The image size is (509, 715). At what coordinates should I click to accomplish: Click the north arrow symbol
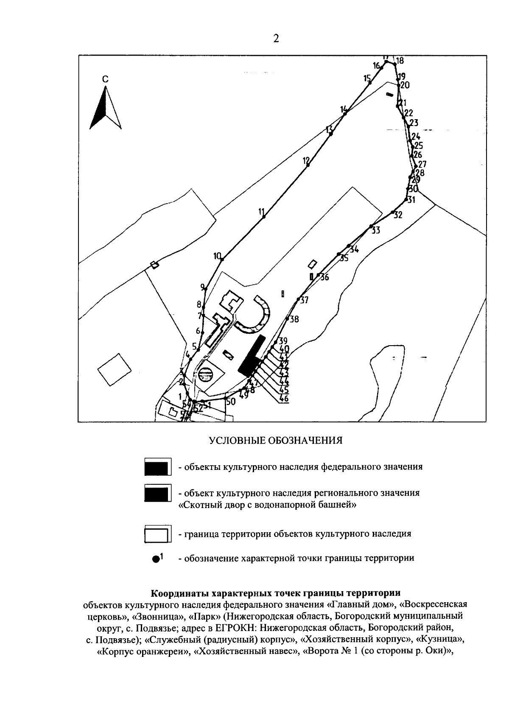pyautogui.click(x=105, y=108)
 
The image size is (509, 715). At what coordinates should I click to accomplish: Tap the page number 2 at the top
pyautogui.click(x=276, y=39)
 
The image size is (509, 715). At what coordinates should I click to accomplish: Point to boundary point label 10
pyautogui.click(x=218, y=256)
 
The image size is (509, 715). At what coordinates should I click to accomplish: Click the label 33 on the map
pyautogui.click(x=376, y=231)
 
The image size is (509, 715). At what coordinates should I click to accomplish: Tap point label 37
pyautogui.click(x=304, y=300)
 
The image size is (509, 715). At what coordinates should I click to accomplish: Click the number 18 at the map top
pyautogui.click(x=400, y=60)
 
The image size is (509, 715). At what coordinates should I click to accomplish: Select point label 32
pyautogui.click(x=397, y=215)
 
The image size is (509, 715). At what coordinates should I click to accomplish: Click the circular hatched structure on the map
pyautogui.click(x=205, y=374)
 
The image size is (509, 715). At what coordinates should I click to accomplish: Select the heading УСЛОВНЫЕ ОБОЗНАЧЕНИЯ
pyautogui.click(x=276, y=440)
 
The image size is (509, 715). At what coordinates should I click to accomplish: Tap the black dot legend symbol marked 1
pyautogui.click(x=156, y=559)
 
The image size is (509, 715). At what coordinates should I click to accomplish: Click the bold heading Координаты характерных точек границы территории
pyautogui.click(x=276, y=592)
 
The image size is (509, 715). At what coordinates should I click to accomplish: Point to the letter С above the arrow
pyautogui.click(x=105, y=79)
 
